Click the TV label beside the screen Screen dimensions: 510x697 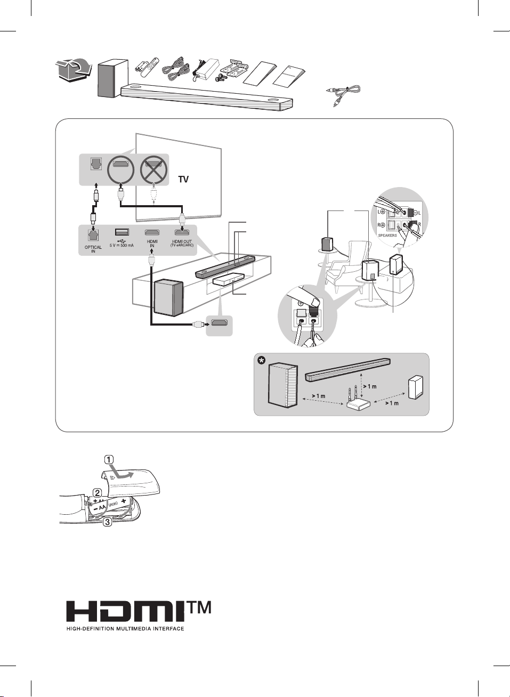point(183,180)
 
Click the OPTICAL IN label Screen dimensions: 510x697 point(93,249)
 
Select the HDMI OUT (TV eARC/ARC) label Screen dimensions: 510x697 point(182,244)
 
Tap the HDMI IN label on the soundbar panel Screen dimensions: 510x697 point(152,244)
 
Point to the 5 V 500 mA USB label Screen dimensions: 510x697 point(122,245)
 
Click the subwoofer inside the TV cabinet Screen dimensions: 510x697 point(169,298)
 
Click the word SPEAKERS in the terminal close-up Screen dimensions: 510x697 point(387,235)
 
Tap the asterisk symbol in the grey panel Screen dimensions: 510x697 point(261,361)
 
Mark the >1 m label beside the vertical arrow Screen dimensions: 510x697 point(370,386)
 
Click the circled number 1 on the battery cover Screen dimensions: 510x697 point(108,459)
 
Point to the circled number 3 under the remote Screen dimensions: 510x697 point(107,522)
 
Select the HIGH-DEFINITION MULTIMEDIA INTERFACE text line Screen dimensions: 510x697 point(125,629)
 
